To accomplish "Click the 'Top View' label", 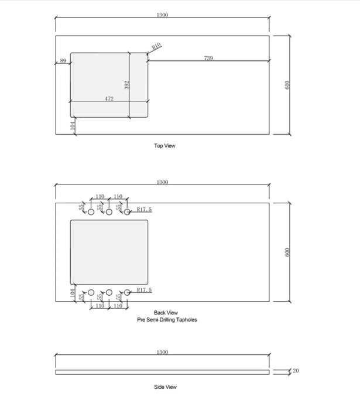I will (164, 146).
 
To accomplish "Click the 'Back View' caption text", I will (166, 313).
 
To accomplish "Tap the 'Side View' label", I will (165, 387).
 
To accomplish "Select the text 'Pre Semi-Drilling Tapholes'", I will (167, 320).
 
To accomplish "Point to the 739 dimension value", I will (208, 58).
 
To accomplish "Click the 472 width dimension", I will (109, 98).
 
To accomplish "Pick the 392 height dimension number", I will (127, 85).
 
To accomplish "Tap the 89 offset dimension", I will (63, 61).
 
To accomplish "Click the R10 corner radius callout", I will (156, 46).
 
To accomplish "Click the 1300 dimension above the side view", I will (162, 352).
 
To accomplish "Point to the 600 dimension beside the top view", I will (287, 84).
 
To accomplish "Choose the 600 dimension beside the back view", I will (287, 252).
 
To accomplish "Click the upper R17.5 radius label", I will (144, 209).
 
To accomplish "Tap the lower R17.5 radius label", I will (144, 290).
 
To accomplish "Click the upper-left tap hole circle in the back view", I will (91, 212).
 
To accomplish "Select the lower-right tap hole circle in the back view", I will (126, 292).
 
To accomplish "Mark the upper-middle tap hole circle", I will (109, 212).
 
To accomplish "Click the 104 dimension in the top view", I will (73, 125).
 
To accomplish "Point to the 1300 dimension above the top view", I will (162, 15).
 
